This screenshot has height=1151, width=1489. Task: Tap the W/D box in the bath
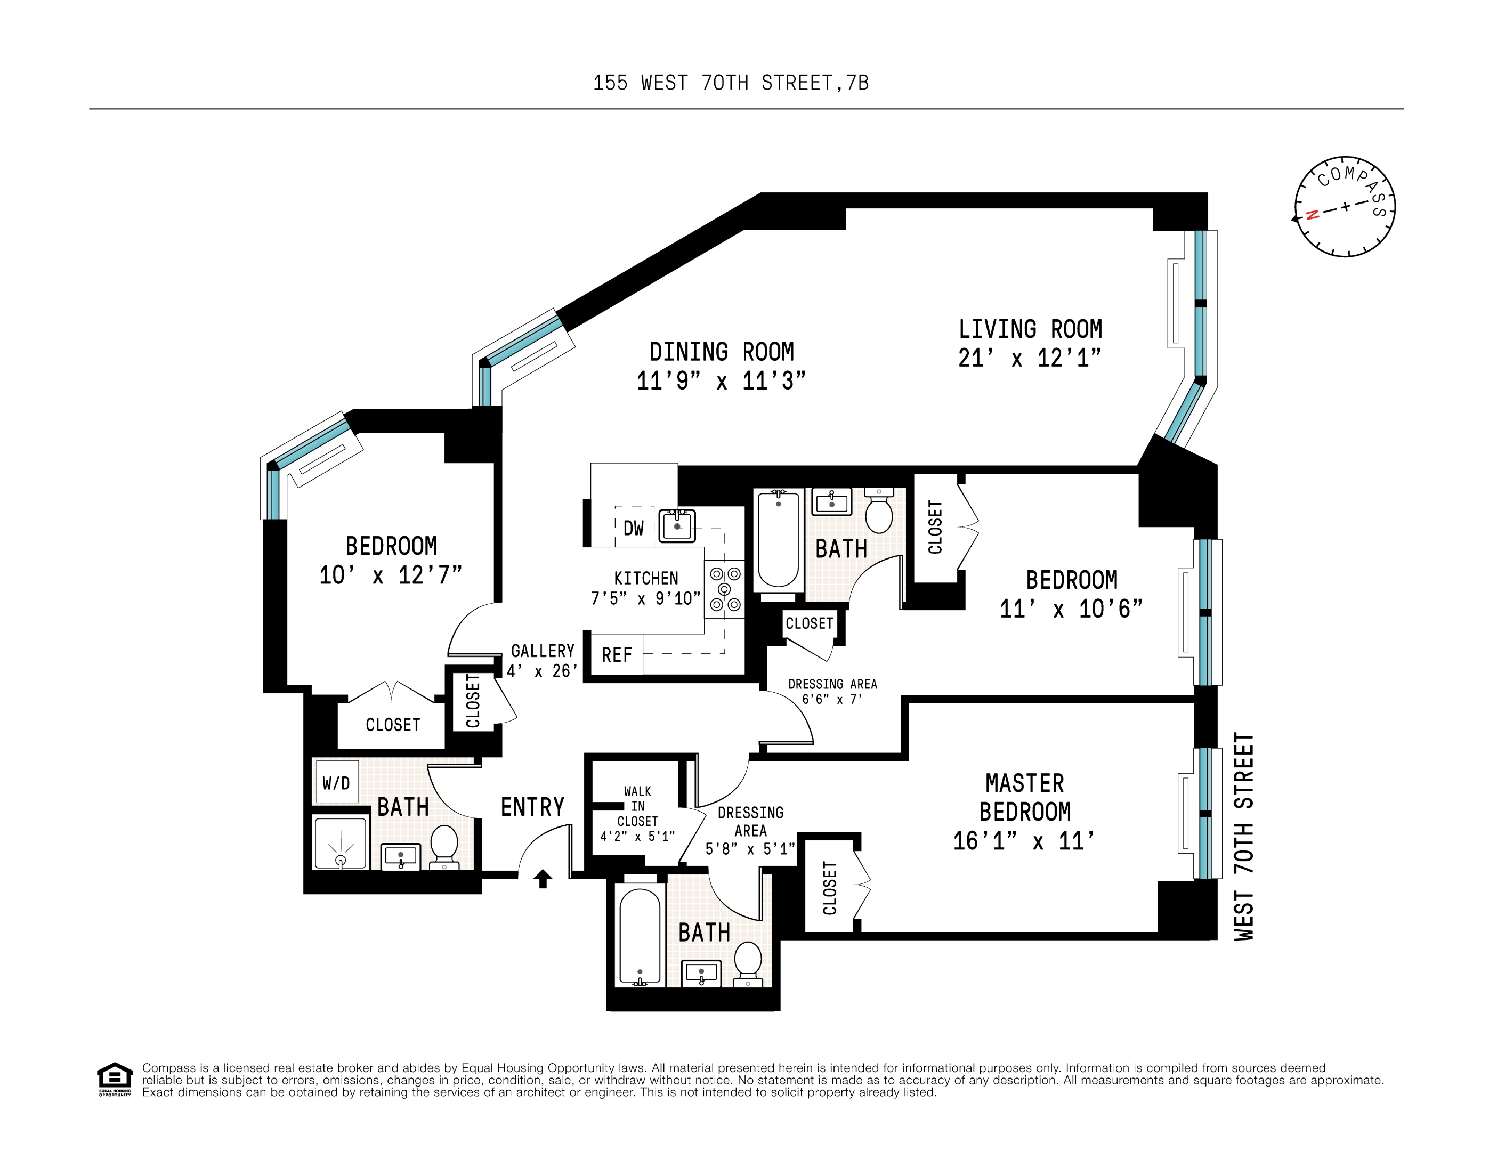[x=337, y=783]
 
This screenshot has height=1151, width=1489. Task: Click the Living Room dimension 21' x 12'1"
[x=1030, y=358]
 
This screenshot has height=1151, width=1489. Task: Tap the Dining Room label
[x=722, y=352]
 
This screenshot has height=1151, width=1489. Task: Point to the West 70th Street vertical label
[x=1243, y=837]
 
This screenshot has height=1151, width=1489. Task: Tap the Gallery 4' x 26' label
[x=543, y=661]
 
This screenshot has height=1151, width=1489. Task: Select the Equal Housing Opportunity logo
[x=115, y=1079]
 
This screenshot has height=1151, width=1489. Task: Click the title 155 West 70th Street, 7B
[x=731, y=83]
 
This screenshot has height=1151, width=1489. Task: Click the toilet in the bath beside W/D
[x=444, y=846]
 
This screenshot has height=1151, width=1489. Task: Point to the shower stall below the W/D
[x=340, y=844]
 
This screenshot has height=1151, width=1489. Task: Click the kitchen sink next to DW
[x=677, y=526]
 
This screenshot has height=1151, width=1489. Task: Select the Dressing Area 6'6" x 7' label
[x=832, y=691]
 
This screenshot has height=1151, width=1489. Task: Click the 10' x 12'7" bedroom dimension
[x=391, y=575]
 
